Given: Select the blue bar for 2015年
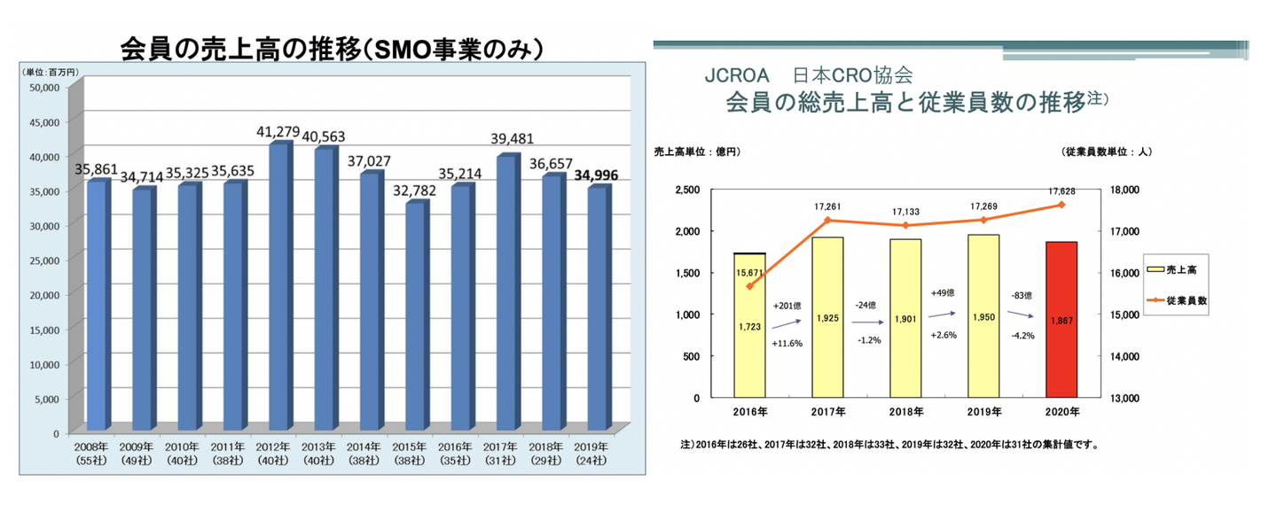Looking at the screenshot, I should click(x=415, y=318).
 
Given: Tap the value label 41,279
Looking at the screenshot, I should click(x=276, y=132).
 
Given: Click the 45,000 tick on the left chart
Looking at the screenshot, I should click(x=44, y=121).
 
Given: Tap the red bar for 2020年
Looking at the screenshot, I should click(x=1062, y=320).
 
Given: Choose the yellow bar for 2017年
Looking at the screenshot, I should click(x=827, y=317).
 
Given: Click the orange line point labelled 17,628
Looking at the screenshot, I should click(x=1062, y=205).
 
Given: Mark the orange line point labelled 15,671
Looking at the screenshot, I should click(x=749, y=286).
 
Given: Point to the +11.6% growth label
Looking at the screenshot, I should click(x=787, y=343).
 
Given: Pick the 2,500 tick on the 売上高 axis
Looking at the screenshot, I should click(x=688, y=190).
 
